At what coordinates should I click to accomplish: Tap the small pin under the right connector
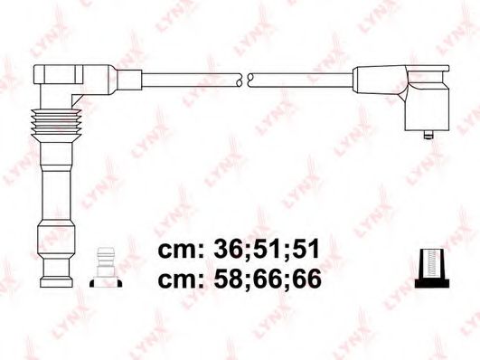click(x=425, y=136)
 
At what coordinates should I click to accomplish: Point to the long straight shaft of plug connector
click(x=52, y=181)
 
